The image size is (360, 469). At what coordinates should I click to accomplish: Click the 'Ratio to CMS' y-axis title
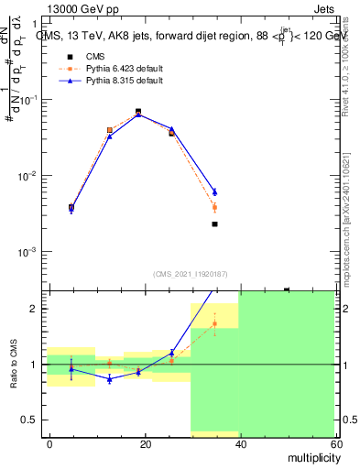(x=15, y=365)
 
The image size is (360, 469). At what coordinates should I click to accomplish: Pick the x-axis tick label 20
(x=145, y=443)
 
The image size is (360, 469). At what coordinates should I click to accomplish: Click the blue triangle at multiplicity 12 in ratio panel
(x=109, y=378)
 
